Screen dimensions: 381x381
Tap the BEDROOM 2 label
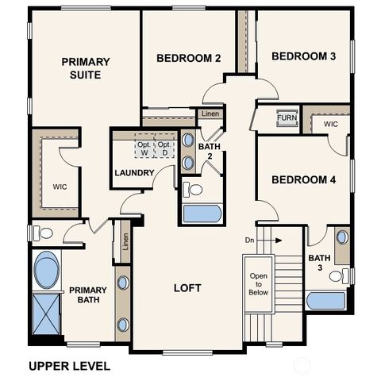click(x=188, y=58)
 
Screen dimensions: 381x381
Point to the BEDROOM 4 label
click(x=303, y=180)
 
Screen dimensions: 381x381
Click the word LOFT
click(x=187, y=287)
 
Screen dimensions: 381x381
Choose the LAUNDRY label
click(x=133, y=173)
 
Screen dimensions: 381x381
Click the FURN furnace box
click(x=287, y=119)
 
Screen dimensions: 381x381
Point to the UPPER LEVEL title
click(x=69, y=366)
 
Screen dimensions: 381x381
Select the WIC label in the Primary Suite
click(x=60, y=187)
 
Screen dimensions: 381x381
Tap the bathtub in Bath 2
click(x=202, y=214)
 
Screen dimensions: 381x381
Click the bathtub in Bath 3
click(x=325, y=301)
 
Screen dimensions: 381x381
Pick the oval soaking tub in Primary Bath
click(x=46, y=270)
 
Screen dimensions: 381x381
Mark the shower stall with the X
click(x=46, y=314)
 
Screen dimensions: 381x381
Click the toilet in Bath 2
click(x=193, y=189)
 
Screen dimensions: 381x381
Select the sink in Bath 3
click(x=341, y=237)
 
